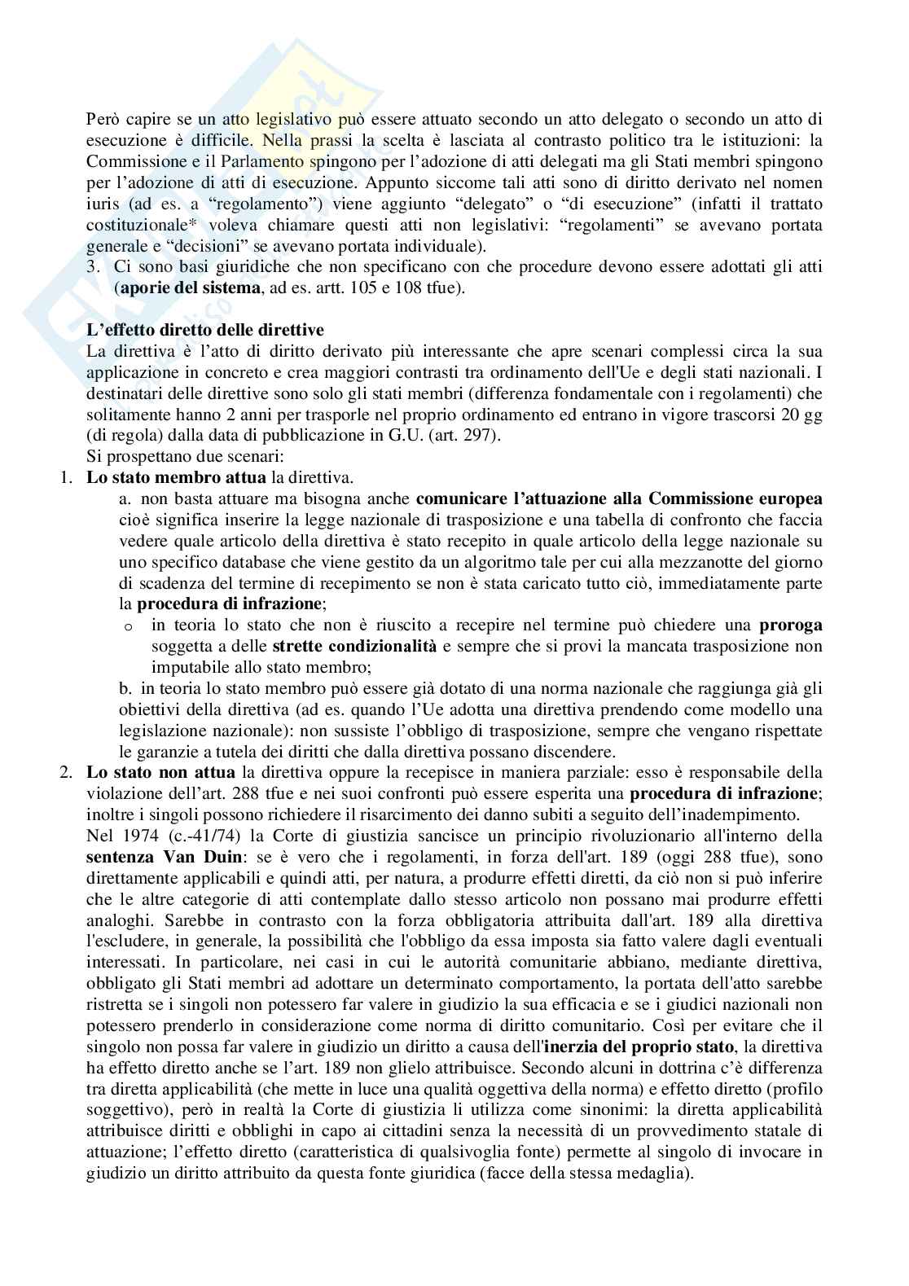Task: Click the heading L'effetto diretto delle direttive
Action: click(x=205, y=330)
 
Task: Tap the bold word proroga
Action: click(x=790, y=625)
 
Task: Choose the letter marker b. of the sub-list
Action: click(x=125, y=689)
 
